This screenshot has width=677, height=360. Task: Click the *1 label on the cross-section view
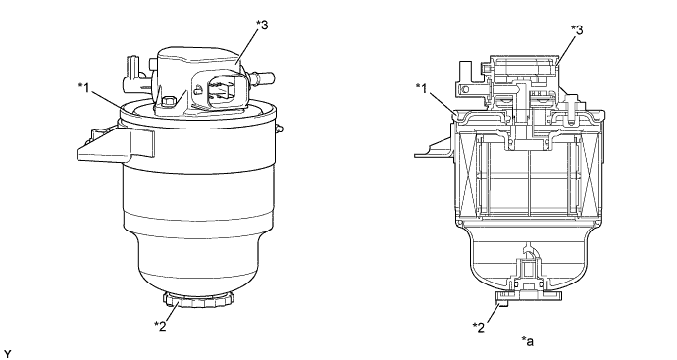pyautogui.click(x=423, y=87)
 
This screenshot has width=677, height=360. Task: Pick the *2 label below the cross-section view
pyautogui.click(x=480, y=325)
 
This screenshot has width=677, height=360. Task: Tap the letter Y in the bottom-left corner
pyautogui.click(x=9, y=348)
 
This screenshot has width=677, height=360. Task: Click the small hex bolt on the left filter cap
pyautogui.click(x=169, y=101)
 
